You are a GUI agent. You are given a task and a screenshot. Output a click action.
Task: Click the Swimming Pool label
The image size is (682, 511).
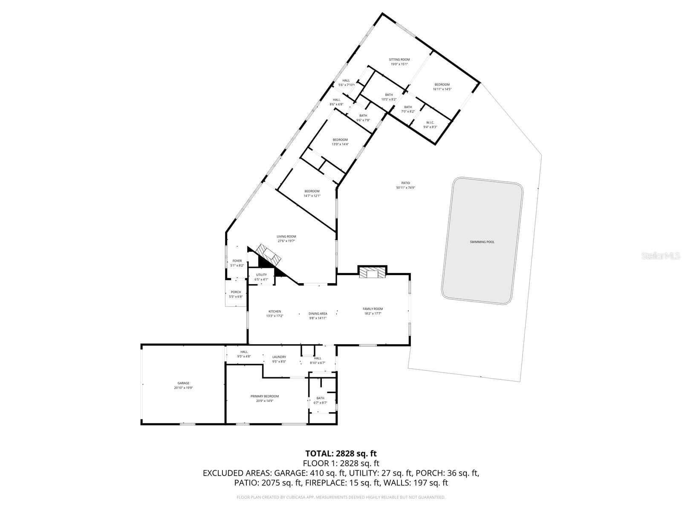[x=482, y=242]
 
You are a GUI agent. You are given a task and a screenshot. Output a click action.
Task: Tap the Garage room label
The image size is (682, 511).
[x=183, y=383]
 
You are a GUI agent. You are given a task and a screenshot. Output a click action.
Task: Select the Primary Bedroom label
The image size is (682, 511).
[x=265, y=396]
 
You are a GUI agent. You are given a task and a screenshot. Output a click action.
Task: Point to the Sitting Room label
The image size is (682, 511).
[x=399, y=60]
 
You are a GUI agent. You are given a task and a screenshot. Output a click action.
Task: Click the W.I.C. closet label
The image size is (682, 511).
[x=430, y=122]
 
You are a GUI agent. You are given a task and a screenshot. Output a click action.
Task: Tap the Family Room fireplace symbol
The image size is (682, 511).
[x=372, y=273]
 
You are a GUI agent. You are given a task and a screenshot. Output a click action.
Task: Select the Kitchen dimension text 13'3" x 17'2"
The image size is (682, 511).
[x=275, y=316]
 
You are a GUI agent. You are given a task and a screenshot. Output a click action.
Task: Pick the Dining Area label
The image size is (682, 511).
[x=318, y=313]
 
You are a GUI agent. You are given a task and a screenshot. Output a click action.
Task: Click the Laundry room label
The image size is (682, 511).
[x=279, y=357]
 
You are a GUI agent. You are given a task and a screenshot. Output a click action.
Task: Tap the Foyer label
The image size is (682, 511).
[x=237, y=261]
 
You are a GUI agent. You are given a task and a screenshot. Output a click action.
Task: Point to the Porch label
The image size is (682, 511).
[x=236, y=292]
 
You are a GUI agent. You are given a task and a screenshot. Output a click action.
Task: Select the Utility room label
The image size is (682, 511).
[x=261, y=275]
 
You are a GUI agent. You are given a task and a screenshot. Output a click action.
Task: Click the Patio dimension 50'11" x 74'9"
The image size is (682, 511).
[x=405, y=187]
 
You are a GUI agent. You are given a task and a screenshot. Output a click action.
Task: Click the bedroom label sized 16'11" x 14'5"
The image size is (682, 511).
[x=442, y=84]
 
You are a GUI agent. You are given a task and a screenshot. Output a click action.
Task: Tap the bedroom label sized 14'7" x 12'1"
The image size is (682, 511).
[x=312, y=191]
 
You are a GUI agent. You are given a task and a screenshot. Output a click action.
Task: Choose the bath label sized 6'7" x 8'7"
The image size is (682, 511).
[x=320, y=398]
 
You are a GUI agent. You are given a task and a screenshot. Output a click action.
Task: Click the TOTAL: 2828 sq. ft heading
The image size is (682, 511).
[x=341, y=454]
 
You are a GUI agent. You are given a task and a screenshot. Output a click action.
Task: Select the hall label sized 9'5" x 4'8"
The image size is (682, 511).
[x=244, y=352]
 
